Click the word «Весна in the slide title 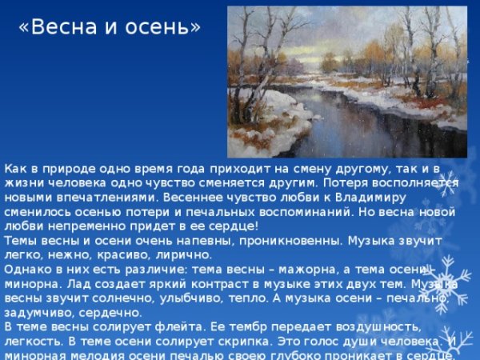(x=53, y=27)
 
